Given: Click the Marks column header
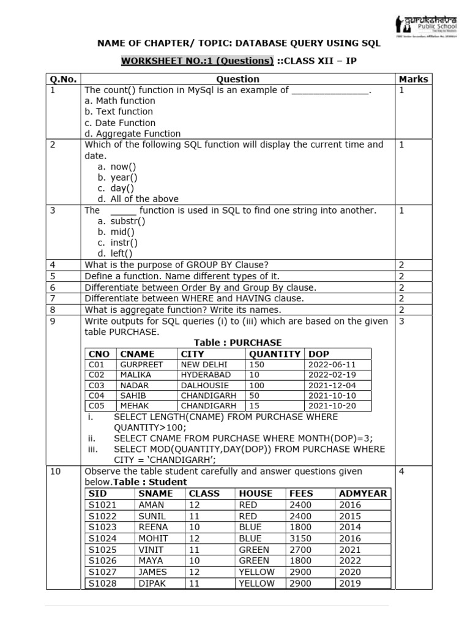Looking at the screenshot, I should click(413, 79).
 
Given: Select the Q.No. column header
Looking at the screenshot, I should click(64, 79).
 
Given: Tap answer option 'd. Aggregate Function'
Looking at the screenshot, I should click(133, 133).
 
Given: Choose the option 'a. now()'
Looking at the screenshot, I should click(117, 167).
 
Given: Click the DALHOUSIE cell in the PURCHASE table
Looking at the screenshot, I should click(204, 386).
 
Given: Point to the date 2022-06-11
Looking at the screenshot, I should click(332, 364).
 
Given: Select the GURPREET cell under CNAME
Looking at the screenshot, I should click(142, 364).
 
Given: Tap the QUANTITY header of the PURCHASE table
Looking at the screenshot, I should click(275, 354).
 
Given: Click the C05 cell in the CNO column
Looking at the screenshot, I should click(97, 405).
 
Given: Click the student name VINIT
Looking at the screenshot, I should click(151, 549).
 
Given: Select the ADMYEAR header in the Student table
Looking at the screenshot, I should click(362, 494).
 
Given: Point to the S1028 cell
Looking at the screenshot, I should click(102, 584).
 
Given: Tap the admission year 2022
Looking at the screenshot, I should click(349, 560).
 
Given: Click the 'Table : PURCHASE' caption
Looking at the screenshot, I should click(238, 343).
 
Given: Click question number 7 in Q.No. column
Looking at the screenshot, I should click(53, 299).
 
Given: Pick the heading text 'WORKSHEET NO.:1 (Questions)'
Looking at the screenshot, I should click(197, 61).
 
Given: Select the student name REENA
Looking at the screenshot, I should click(153, 527).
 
